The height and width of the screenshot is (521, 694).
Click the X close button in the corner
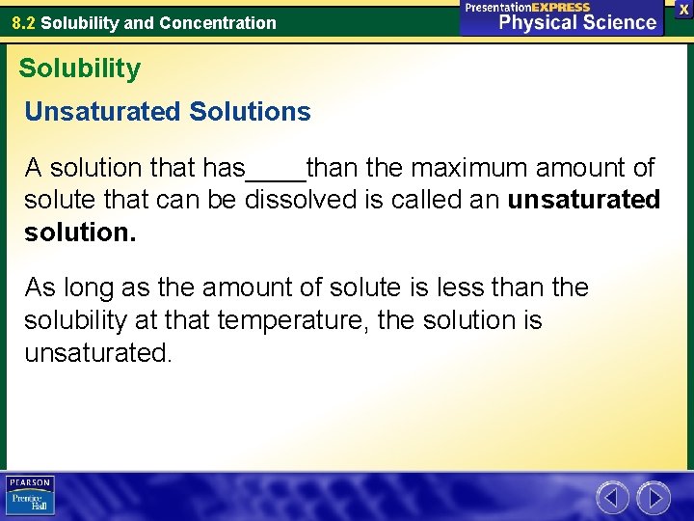(683, 8)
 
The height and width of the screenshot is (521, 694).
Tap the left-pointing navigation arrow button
(612, 498)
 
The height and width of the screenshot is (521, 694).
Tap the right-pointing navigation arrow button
(654, 498)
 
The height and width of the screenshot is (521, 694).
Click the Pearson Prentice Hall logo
(30, 496)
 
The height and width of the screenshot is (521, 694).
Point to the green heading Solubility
(79, 69)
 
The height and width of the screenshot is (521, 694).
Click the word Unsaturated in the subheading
(103, 112)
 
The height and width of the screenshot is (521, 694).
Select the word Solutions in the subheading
(251, 112)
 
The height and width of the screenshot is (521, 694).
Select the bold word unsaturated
(583, 200)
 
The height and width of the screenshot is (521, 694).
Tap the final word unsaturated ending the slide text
(97, 352)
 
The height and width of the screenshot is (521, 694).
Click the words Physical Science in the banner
(576, 21)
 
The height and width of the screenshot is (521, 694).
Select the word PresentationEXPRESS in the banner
(526, 7)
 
